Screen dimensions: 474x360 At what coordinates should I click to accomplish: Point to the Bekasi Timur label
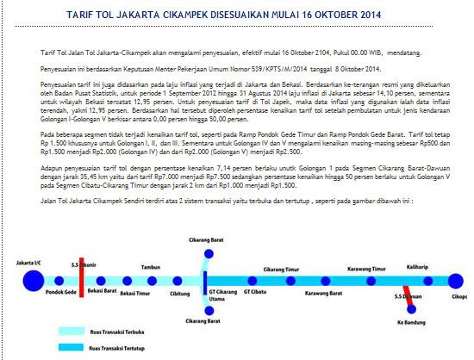(136, 293)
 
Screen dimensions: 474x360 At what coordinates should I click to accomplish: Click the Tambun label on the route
(152, 268)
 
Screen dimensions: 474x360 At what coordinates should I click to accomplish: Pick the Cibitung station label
(180, 293)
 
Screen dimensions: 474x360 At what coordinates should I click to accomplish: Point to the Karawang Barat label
(323, 293)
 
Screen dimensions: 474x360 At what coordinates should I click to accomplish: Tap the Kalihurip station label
(417, 268)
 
